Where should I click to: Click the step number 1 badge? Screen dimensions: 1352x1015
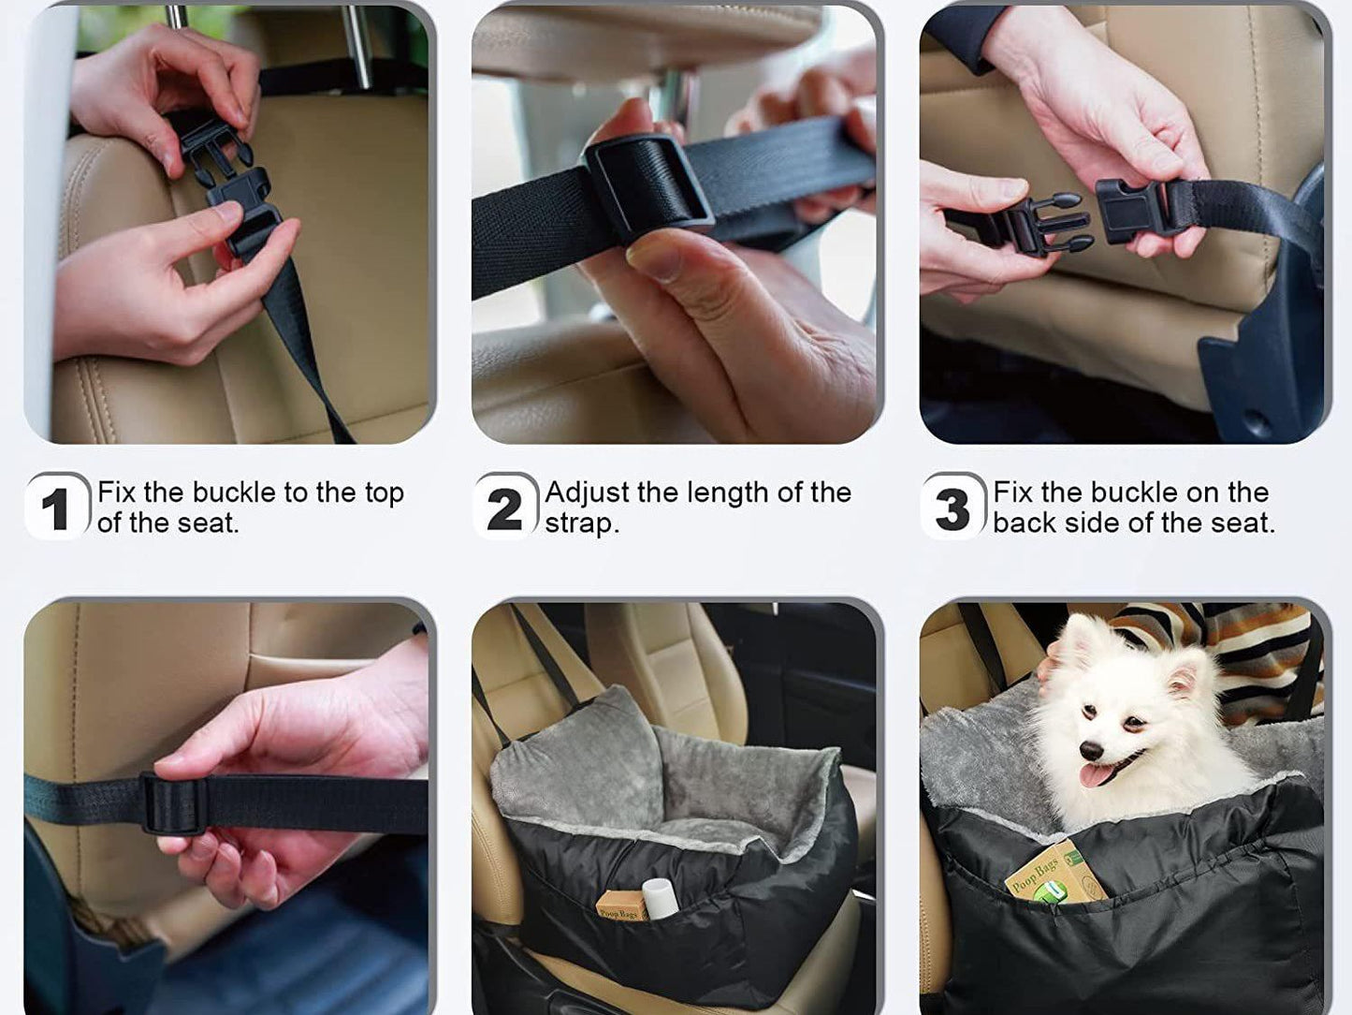pyautogui.click(x=57, y=507)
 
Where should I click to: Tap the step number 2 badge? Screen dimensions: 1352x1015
pyautogui.click(x=505, y=507)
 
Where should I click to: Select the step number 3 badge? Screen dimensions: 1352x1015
pyautogui.click(x=953, y=507)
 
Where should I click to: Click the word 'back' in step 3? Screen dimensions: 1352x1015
pyautogui.click(x=1024, y=523)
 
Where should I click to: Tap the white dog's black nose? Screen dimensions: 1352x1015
pyautogui.click(x=1092, y=750)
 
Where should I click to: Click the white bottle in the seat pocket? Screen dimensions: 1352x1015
pyautogui.click(x=660, y=899)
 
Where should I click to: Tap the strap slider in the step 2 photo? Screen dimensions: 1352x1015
pyautogui.click(x=649, y=186)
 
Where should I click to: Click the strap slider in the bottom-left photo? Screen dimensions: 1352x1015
pyautogui.click(x=174, y=803)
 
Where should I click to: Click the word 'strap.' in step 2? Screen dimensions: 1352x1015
pyautogui.click(x=582, y=524)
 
